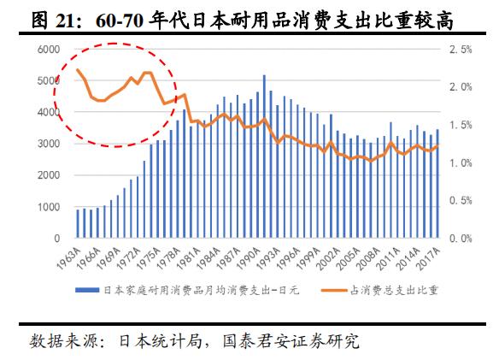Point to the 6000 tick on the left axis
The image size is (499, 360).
click(x=48, y=50)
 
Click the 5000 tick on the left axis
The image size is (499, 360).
click(x=48, y=81)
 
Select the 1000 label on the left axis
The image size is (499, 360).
click(x=48, y=208)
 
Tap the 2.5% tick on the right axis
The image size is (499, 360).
click(x=460, y=50)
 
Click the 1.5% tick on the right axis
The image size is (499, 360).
click(x=460, y=126)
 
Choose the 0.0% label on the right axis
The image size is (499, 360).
click(x=460, y=239)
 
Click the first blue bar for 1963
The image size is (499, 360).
click(x=77, y=224)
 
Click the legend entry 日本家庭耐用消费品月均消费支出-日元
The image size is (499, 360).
click(x=198, y=291)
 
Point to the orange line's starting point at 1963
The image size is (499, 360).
click(x=78, y=70)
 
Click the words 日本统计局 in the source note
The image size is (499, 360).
click(x=153, y=341)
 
